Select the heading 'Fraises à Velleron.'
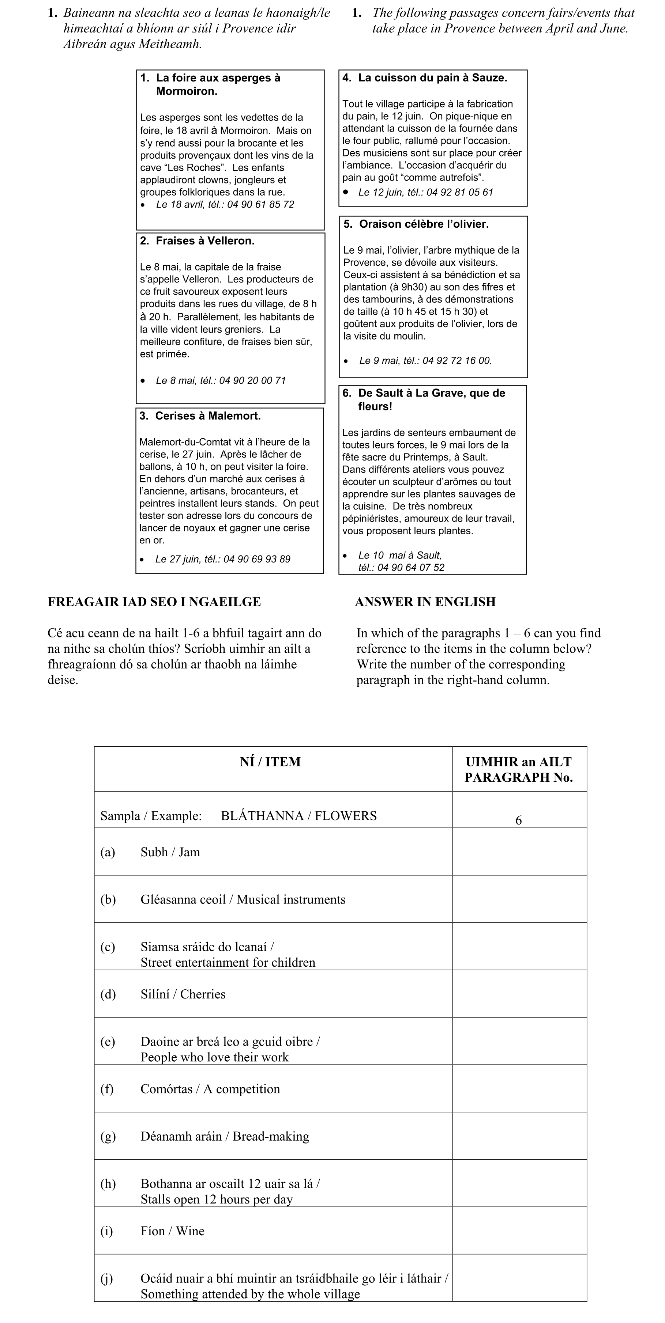(x=204, y=241)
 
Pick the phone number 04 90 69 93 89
(x=256, y=559)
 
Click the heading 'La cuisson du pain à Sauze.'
(x=432, y=78)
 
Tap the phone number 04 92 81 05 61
(x=460, y=193)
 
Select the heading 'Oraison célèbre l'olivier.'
(x=424, y=224)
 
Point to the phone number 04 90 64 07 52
(x=411, y=568)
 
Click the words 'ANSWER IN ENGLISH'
(x=425, y=602)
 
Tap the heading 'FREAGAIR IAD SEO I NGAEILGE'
(x=154, y=602)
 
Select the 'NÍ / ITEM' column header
(x=270, y=762)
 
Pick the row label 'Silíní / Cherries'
(x=183, y=994)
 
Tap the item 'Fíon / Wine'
(x=172, y=1231)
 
